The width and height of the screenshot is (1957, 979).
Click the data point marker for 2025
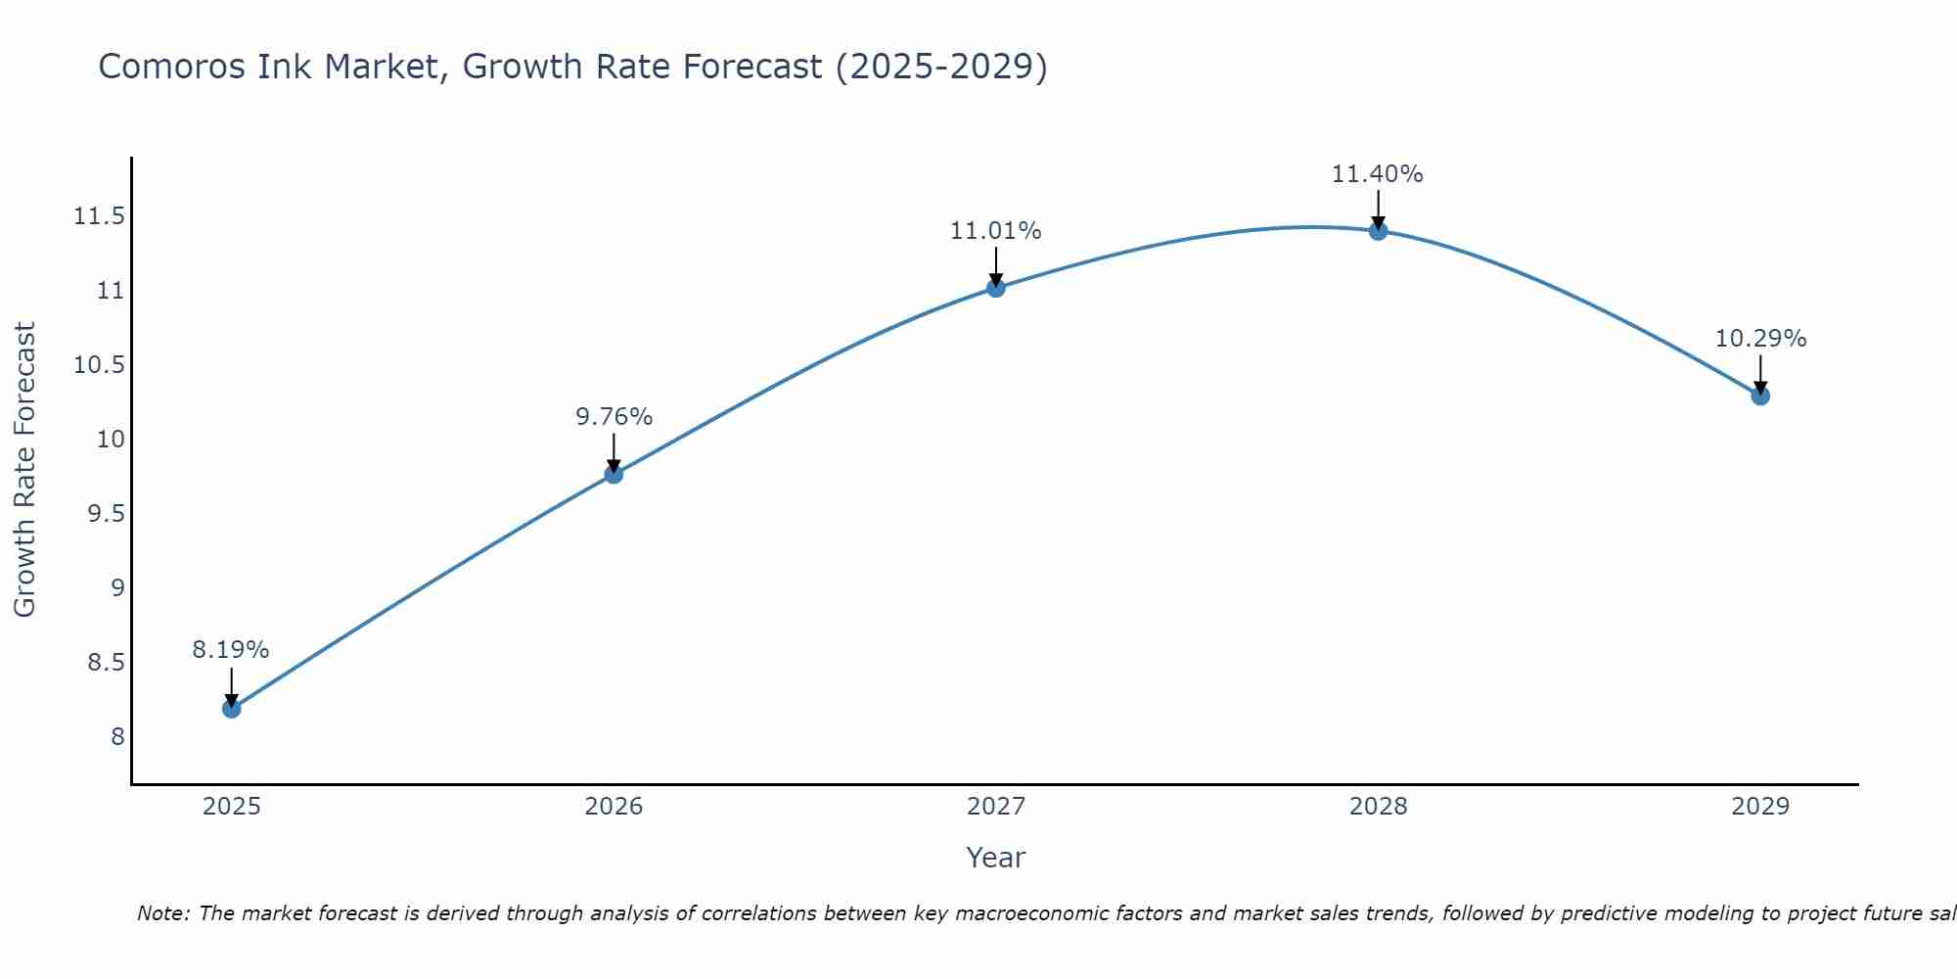[231, 708]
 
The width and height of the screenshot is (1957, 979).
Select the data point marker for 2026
[614, 474]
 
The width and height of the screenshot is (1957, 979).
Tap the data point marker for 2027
[996, 287]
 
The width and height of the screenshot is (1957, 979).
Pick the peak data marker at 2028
[1378, 231]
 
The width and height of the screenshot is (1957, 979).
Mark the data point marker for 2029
[1760, 396]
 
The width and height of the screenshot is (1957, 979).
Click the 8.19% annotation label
[231, 649]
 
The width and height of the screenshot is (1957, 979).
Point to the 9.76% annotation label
[614, 416]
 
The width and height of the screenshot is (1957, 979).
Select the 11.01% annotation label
[996, 231]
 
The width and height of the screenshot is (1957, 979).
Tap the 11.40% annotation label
[1378, 174]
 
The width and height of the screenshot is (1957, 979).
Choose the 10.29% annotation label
[1760, 339]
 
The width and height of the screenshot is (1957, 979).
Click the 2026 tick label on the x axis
[614, 807]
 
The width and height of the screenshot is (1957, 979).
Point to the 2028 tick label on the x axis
[1378, 807]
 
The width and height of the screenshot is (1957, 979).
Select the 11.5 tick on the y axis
[99, 216]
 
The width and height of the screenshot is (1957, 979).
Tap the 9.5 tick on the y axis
[106, 514]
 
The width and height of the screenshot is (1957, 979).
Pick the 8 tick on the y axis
[117, 736]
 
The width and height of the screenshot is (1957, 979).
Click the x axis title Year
[995, 858]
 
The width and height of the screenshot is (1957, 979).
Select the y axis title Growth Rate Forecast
[24, 469]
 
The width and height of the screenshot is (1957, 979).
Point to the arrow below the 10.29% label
[1760, 374]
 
